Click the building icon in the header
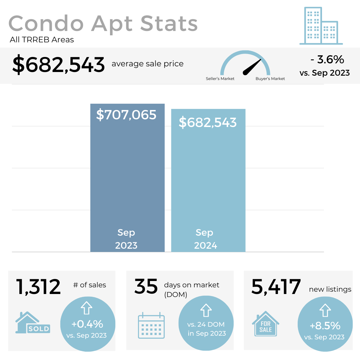pos(321,26)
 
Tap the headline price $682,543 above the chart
pos(59,65)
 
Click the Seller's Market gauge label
pos(220,79)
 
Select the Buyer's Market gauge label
pos(270,79)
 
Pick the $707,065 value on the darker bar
pos(126,115)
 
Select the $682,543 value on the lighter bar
pos(208,122)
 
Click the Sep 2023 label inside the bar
pos(126,239)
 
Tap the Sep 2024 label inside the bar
pos(205,239)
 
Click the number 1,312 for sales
pos(39,287)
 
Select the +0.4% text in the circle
pos(87,324)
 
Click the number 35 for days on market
pos(146,286)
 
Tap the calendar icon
pos(151,325)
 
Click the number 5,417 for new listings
pos(276,287)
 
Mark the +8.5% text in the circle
pos(325,325)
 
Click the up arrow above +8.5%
pos(325,310)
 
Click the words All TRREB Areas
pos(42,40)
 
